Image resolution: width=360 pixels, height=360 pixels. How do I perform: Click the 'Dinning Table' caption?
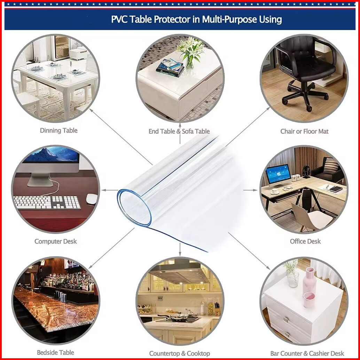(x=58, y=131)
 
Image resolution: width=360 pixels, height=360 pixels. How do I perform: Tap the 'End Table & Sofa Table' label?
(x=179, y=131)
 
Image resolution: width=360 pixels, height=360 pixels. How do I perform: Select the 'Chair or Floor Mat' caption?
(x=304, y=131)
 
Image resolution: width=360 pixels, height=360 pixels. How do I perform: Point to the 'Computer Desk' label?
(x=55, y=241)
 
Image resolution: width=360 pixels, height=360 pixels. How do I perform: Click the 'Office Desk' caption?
(x=305, y=241)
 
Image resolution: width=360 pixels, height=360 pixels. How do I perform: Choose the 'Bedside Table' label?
(x=55, y=353)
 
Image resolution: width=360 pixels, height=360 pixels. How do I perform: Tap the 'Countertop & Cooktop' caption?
(x=180, y=353)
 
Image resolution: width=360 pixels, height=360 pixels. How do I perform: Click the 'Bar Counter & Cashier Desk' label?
(x=307, y=353)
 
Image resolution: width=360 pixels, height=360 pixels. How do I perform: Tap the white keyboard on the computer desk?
(x=47, y=202)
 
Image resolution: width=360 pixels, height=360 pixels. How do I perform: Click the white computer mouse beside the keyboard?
(x=92, y=199)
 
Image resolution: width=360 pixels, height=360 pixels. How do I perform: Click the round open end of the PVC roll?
(x=134, y=208)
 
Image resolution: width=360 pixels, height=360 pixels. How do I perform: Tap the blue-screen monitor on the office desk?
(x=278, y=173)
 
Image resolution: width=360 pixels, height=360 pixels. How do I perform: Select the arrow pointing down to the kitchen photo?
(x=180, y=249)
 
